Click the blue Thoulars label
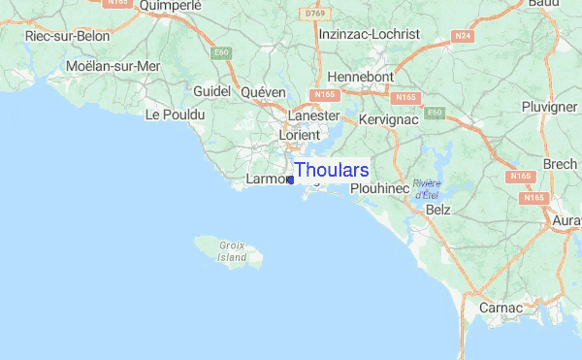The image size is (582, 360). (x=331, y=171)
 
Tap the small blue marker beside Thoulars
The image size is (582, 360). (x=290, y=180)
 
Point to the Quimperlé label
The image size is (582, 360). (x=170, y=6)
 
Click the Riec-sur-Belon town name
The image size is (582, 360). (x=68, y=36)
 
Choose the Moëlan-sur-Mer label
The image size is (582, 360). (x=113, y=66)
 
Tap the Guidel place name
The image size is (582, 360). (x=212, y=91)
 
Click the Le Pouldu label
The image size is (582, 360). (x=175, y=115)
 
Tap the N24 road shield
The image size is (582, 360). (x=462, y=37)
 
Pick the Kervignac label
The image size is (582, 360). (x=387, y=117)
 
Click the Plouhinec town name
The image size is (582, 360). (x=380, y=188)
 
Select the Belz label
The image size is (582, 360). (x=438, y=209)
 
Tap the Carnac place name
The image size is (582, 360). (x=501, y=308)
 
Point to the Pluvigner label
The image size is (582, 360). (x=549, y=107)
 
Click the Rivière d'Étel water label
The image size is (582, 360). (x=426, y=189)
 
